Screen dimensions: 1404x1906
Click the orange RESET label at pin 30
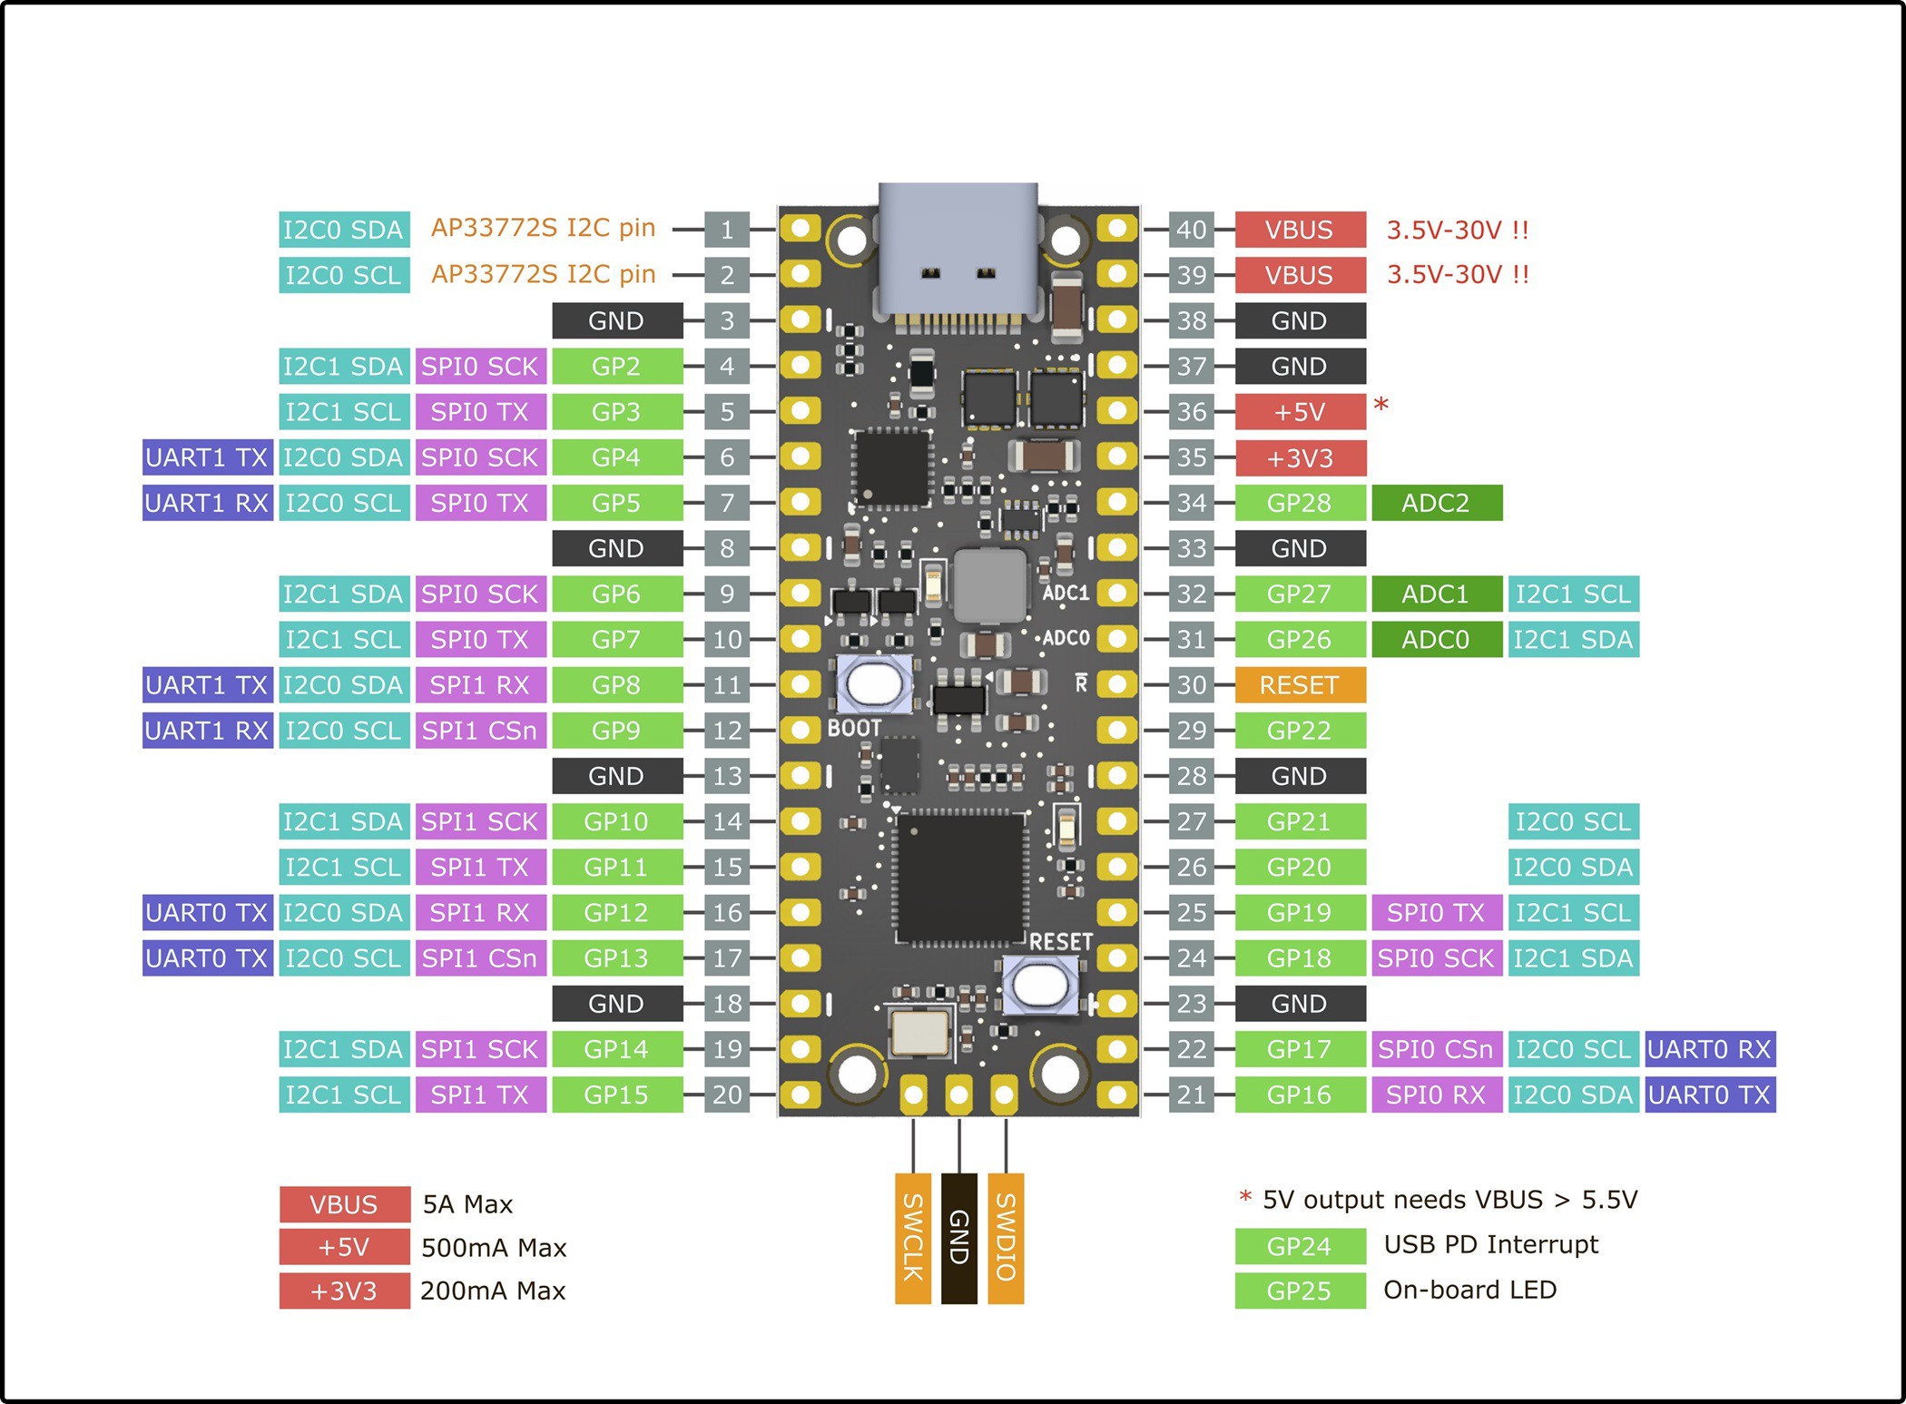(1300, 685)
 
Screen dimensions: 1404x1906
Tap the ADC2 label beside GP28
(1436, 503)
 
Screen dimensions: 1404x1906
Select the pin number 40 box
(1191, 230)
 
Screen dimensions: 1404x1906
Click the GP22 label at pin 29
(1300, 731)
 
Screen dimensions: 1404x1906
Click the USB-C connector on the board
(958, 250)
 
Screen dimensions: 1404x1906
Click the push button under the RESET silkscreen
(1040, 984)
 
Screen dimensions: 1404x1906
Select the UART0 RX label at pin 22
(1709, 1049)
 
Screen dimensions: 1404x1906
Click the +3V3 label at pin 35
(1300, 457)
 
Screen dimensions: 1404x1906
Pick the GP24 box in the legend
(1300, 1246)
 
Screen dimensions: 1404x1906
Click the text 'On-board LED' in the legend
(1469, 1290)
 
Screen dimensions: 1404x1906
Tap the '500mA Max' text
(494, 1248)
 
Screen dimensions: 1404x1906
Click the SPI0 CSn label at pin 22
(1436, 1049)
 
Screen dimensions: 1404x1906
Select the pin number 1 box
(727, 230)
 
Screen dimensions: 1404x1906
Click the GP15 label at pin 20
(616, 1095)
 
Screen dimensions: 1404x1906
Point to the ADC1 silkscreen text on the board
(1065, 593)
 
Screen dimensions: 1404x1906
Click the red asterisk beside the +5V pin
(1380, 405)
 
